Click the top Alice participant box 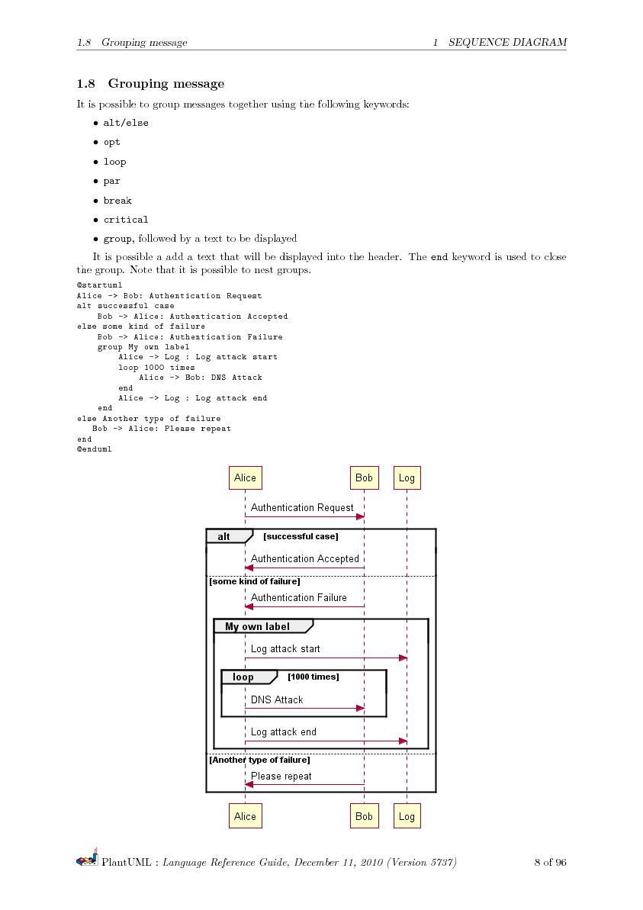(245, 478)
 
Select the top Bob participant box (364, 478)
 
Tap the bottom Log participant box (407, 816)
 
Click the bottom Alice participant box (245, 816)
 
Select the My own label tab (260, 626)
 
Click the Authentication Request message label (302, 507)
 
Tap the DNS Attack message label (277, 699)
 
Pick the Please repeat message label (281, 776)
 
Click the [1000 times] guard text (313, 677)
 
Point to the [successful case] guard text (301, 536)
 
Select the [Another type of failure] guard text (259, 760)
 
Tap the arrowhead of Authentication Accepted (249, 568)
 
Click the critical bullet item (126, 220)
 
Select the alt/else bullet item (126, 123)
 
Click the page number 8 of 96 (550, 863)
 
